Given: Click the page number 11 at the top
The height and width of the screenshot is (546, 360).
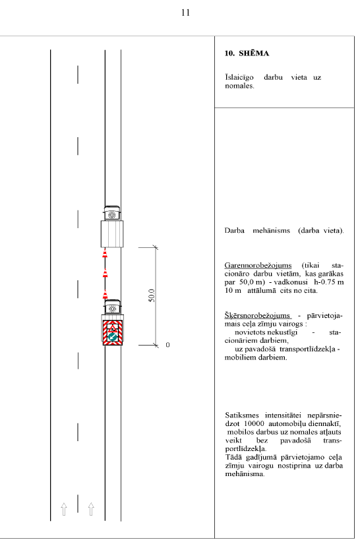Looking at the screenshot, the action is click(x=185, y=13).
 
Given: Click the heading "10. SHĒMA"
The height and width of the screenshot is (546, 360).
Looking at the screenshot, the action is click(x=247, y=53).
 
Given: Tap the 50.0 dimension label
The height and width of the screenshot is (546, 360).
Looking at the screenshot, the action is click(x=152, y=295).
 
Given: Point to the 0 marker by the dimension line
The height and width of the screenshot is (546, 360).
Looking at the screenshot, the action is click(x=167, y=345).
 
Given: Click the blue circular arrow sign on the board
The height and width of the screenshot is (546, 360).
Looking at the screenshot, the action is click(x=112, y=337).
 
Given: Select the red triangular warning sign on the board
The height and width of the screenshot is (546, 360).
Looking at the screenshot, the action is click(x=113, y=328).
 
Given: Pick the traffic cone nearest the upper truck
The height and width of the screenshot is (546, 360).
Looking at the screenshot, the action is click(x=105, y=253).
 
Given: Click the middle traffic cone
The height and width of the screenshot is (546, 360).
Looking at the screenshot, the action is click(x=105, y=273).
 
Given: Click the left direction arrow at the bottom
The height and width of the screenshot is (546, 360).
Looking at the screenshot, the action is click(x=64, y=509).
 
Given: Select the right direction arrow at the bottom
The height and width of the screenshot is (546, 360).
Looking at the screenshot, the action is click(x=91, y=509).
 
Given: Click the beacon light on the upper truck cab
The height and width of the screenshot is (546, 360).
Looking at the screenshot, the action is click(x=112, y=215).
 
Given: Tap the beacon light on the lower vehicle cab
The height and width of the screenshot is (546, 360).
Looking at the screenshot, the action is click(x=112, y=309).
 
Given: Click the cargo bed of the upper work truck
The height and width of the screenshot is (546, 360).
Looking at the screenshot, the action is click(x=112, y=233).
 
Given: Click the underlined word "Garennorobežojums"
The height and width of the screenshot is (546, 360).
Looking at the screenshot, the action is click(x=258, y=265).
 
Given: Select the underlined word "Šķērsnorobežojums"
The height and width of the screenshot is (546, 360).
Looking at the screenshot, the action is click(x=258, y=315).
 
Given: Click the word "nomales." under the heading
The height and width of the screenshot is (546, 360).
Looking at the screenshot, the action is click(x=239, y=86).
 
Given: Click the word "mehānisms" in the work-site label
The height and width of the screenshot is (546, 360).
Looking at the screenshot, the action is click(x=271, y=231).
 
